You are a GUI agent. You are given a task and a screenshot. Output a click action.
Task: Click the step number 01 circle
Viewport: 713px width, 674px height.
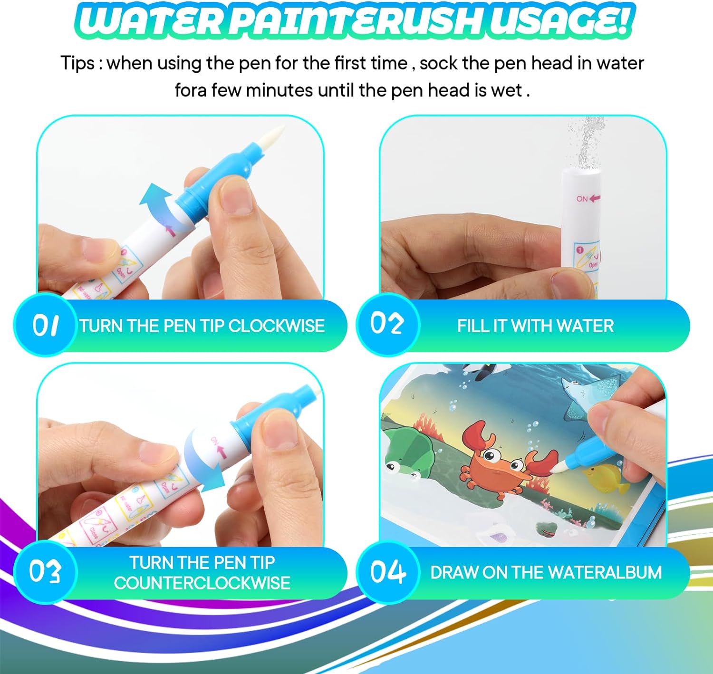pos(46,325)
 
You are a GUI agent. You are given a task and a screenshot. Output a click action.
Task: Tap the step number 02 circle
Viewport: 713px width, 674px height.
pos(387,324)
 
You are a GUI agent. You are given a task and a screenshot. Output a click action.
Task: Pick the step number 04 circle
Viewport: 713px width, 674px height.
pos(387,572)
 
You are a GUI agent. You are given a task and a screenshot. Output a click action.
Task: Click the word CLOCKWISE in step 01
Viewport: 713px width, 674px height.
pos(276,326)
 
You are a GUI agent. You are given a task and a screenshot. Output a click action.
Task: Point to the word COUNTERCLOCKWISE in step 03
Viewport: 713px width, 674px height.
pos(202,583)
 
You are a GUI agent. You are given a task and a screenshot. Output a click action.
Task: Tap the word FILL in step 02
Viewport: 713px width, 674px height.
pos(473,326)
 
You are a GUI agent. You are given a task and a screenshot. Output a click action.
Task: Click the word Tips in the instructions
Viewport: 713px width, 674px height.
pos(77,63)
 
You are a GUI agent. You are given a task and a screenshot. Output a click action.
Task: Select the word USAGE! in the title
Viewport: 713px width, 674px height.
pos(561,21)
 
